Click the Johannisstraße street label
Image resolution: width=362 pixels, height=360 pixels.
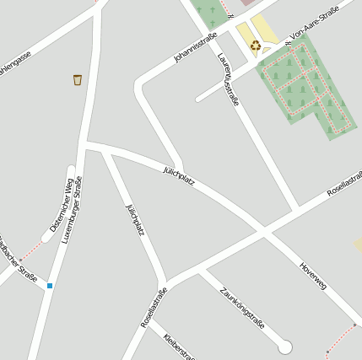pyautogui.click(x=195, y=47)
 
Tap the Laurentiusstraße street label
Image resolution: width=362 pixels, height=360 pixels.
pyautogui.click(x=228, y=79)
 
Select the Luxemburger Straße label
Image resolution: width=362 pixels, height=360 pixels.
pyautogui.click(x=72, y=209)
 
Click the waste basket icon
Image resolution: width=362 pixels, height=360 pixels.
pyautogui.click(x=78, y=80)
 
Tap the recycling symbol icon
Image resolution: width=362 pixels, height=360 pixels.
pyautogui.click(x=255, y=46)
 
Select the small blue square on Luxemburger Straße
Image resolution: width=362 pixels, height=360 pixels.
pyautogui.click(x=50, y=286)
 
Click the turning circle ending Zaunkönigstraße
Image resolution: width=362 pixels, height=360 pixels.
pyautogui.click(x=284, y=347)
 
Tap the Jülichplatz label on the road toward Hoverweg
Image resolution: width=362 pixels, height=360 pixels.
pyautogui.click(x=179, y=175)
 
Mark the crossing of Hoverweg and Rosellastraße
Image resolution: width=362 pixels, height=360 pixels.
pyautogui.click(x=263, y=229)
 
